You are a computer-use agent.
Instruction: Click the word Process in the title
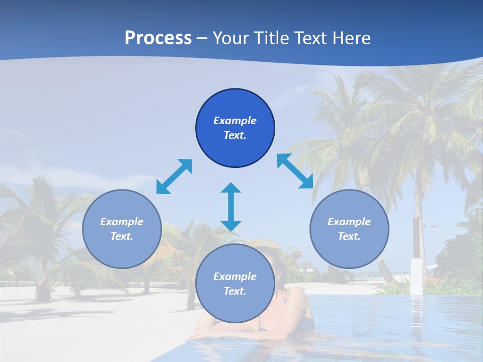point(158,38)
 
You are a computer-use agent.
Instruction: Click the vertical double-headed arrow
point(231,207)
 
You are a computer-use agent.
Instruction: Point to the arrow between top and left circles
point(174,176)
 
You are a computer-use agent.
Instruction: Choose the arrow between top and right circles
point(295,171)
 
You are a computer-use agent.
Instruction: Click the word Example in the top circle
point(235,121)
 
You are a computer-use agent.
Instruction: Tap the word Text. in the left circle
point(122,236)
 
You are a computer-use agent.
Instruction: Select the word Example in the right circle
point(349,222)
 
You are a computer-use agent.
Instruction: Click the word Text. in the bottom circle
point(235,291)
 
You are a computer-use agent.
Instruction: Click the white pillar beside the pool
point(416,276)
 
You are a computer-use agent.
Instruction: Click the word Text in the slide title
point(311,38)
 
